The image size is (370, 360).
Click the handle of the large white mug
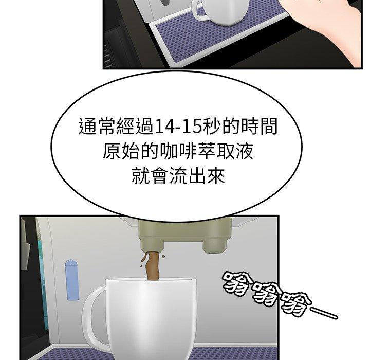coord(93,314)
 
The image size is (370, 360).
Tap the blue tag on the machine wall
coord(72,280)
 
